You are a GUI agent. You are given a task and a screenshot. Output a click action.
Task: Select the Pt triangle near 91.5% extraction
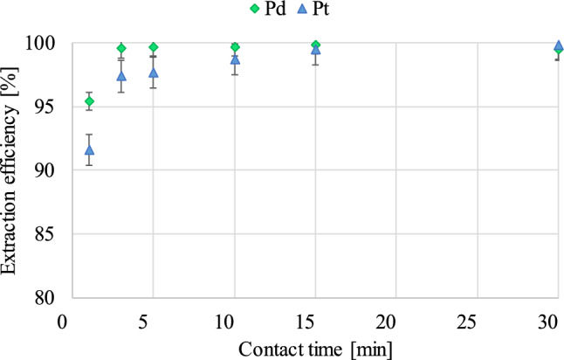[89, 150]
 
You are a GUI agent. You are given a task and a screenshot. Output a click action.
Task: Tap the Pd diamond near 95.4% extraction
[89, 101]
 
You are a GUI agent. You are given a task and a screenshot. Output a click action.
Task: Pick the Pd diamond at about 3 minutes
[121, 48]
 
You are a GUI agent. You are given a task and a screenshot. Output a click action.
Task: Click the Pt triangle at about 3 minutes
[121, 76]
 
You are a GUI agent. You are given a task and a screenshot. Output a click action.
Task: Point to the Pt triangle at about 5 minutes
[154, 73]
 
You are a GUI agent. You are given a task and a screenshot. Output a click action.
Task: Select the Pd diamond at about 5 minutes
[154, 47]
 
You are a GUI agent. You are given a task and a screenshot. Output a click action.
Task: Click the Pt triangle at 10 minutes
[235, 59]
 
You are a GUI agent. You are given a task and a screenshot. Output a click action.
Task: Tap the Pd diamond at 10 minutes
[235, 47]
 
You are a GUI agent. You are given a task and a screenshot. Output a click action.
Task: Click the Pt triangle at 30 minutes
[559, 45]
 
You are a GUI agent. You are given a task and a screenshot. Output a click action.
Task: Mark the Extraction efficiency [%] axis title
[12, 171]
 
